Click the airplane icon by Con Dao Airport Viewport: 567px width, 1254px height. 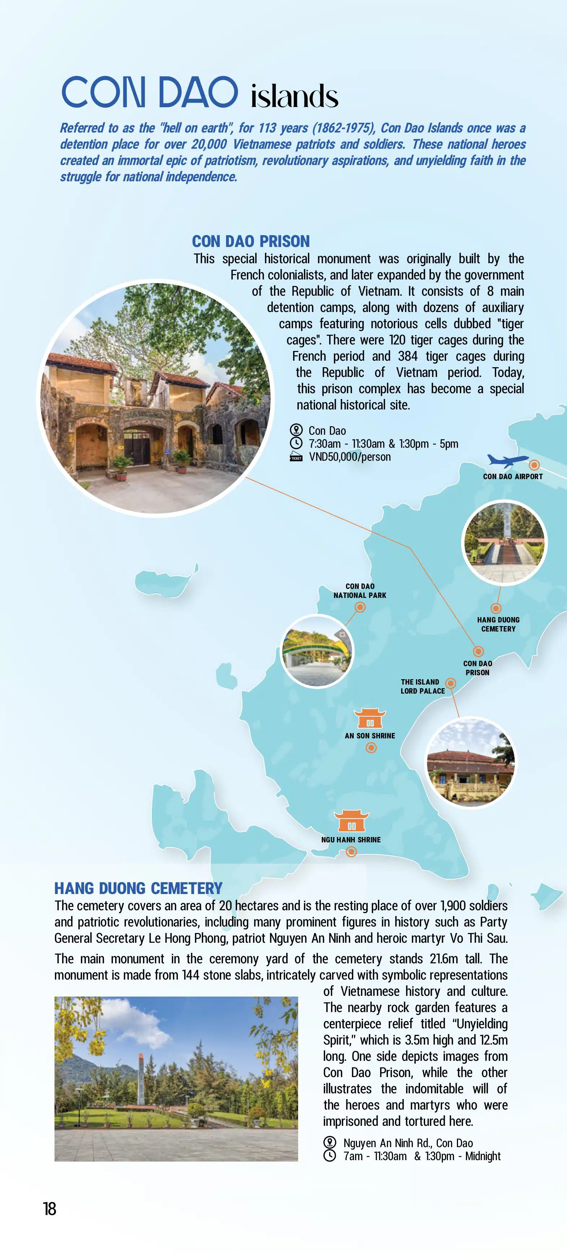pos(507,460)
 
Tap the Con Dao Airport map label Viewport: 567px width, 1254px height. pos(513,477)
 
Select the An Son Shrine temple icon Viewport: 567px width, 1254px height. pos(370,719)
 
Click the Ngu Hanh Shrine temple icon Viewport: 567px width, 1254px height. pos(352,821)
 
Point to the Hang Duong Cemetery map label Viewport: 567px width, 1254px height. pos(498,624)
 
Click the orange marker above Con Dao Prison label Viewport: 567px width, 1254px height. pos(479,651)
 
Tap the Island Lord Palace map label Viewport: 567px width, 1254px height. pos(422,686)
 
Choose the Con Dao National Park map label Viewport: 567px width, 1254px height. pos(360,590)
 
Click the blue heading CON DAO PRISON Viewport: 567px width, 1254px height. pos(250,242)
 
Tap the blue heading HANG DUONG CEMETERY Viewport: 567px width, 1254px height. pos(138,888)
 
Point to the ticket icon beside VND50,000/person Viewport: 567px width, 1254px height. pos(296,457)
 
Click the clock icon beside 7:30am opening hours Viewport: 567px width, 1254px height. pos(296,443)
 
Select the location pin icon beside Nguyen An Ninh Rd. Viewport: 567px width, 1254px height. pos(330,1142)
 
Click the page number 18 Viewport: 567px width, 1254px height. pos(50,1209)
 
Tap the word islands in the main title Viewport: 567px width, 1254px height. pos(295,96)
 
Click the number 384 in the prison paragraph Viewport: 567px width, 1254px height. pos(408,356)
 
